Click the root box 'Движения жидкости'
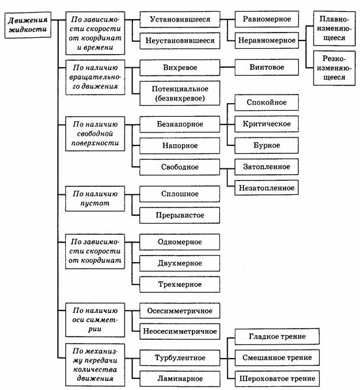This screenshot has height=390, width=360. (28, 25)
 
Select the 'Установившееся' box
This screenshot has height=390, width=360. (180, 19)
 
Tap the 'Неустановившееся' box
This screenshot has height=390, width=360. (180, 40)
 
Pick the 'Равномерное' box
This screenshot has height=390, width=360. (267, 19)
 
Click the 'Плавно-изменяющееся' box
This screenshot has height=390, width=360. (334, 28)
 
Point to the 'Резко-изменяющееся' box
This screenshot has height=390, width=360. (334, 68)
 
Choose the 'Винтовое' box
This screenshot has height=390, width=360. (267, 67)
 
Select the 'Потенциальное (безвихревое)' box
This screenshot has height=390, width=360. (180, 93)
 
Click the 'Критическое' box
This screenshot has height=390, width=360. (267, 124)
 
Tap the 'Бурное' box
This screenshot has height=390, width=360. (267, 145)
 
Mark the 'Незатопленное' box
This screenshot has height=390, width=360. (267, 188)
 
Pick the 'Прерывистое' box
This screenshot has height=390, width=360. (179, 215)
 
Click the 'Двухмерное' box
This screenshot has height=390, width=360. (179, 263)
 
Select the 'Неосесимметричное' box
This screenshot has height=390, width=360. (180, 331)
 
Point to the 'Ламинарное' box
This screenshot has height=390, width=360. (180, 379)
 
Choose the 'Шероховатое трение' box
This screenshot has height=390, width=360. (277, 379)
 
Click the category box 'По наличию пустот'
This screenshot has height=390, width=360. (95, 198)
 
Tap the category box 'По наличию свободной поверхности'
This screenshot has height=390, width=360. (95, 134)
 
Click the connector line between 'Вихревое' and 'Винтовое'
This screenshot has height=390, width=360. (228, 67)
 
